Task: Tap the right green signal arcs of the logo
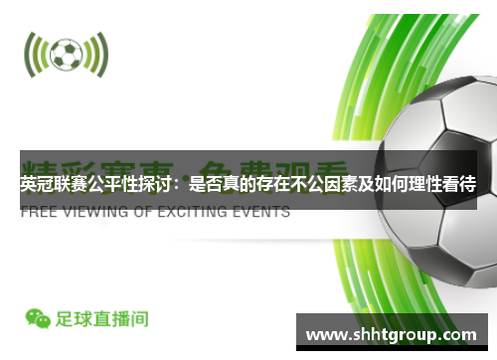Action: [x=97, y=56]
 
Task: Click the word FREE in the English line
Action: [x=40, y=212]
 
